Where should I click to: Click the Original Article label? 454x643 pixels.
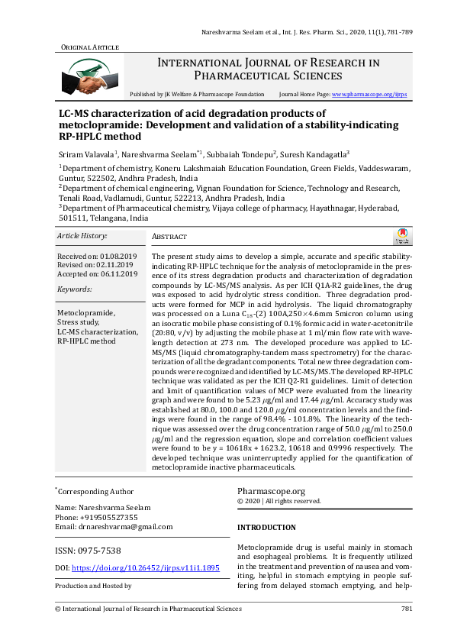[89, 47]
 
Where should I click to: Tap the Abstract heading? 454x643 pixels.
[169, 237]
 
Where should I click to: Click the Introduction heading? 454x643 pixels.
[267, 528]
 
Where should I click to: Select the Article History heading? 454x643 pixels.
[82, 237]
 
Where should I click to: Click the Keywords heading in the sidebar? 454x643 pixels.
[75, 289]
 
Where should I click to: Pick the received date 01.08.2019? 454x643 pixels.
[114, 257]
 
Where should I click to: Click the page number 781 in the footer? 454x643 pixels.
[407, 609]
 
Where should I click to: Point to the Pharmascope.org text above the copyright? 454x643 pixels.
[271, 492]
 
